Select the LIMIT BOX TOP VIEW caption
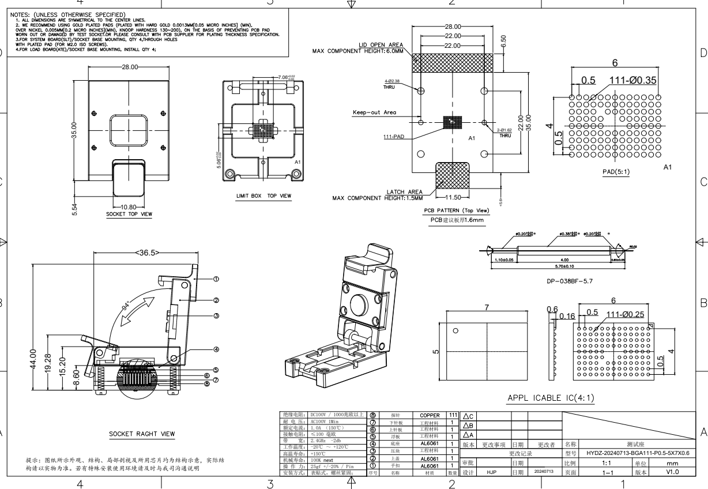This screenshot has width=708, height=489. coord(263,196)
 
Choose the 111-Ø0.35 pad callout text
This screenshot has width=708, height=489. coord(632,80)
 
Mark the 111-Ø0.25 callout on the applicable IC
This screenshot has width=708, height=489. coord(629,313)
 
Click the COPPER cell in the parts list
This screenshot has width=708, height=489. coord(430,415)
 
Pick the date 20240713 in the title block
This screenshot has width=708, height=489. coord(543,472)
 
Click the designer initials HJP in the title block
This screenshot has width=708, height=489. coord(492,472)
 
